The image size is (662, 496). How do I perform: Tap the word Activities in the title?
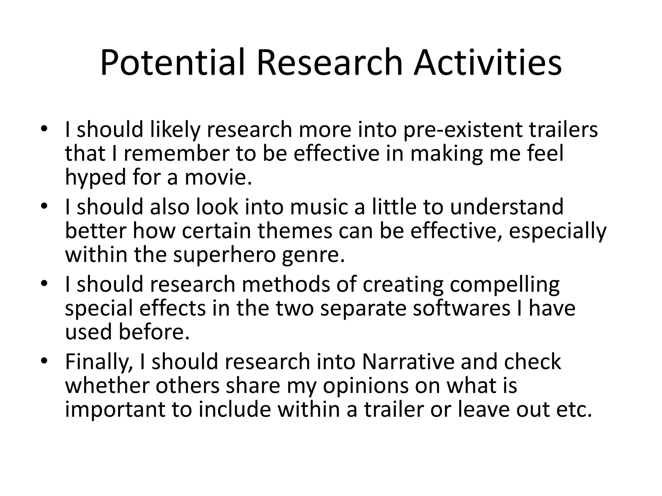click(488, 63)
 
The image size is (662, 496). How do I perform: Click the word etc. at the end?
click(574, 410)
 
